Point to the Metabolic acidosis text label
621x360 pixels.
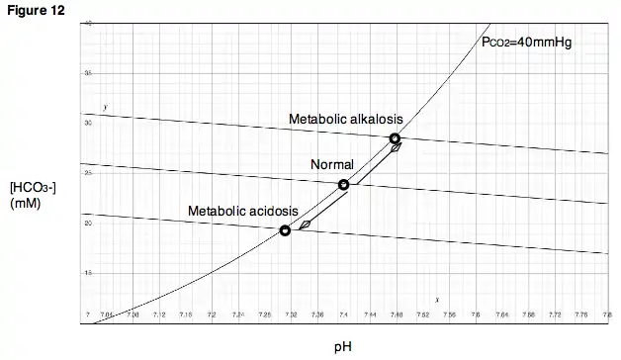[x=242, y=212]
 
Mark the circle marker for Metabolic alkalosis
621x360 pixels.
[x=395, y=138]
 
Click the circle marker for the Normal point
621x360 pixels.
[x=344, y=185]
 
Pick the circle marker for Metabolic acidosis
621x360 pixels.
[x=285, y=230]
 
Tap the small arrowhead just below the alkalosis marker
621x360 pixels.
[x=395, y=148]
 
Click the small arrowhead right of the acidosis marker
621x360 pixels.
[x=306, y=225]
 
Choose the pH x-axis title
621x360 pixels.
[x=342, y=347]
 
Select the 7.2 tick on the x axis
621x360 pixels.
[x=212, y=315]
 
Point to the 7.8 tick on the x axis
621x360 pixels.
[x=606, y=315]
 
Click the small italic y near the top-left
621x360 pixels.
[x=106, y=106]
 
